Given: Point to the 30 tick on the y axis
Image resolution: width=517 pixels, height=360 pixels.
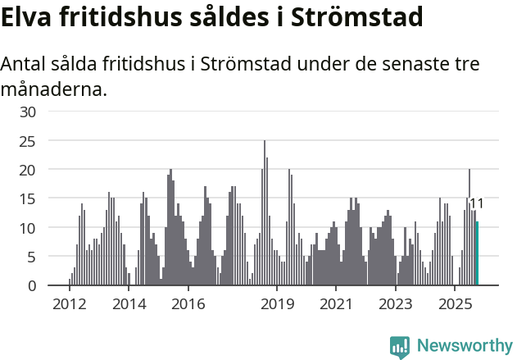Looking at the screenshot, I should pyautogui.click(x=28, y=112).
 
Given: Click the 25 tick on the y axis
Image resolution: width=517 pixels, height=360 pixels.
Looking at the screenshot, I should pyautogui.click(x=28, y=141).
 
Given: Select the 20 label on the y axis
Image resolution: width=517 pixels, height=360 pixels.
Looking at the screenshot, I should pyautogui.click(x=28, y=170).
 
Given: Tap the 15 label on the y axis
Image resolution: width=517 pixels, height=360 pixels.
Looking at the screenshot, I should pyautogui.click(x=28, y=198).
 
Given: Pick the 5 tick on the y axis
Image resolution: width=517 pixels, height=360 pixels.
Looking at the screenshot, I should pyautogui.click(x=32, y=257).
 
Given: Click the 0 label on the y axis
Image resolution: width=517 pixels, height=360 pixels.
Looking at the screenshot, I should pyautogui.click(x=32, y=285).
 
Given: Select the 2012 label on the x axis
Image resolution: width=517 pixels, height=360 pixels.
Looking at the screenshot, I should pyautogui.click(x=69, y=304).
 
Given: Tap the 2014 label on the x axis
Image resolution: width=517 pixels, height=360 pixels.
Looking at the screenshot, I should pyautogui.click(x=129, y=304).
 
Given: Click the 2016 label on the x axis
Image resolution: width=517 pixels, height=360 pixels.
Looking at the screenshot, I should pyautogui.click(x=188, y=304).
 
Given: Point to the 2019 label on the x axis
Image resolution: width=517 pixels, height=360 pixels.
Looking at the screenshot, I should pyautogui.click(x=278, y=304).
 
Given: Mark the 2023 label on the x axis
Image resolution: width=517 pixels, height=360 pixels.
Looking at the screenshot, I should pyautogui.click(x=395, y=304).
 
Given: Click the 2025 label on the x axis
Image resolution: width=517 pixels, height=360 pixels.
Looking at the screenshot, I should pyautogui.click(x=455, y=304).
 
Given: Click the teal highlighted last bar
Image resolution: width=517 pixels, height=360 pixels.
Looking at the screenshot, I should pyautogui.click(x=477, y=254).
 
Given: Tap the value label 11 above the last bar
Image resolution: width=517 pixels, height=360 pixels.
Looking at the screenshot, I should pyautogui.click(x=477, y=204).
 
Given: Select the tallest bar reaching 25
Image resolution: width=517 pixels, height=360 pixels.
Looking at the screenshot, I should pyautogui.click(x=265, y=213).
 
